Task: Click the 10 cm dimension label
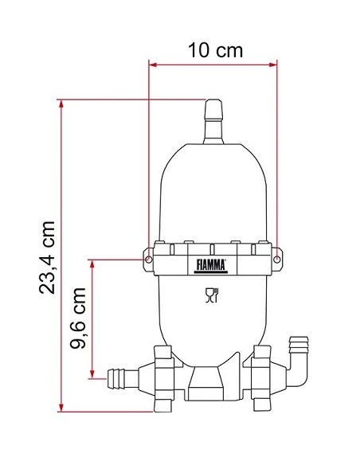pyautogui.click(x=215, y=50)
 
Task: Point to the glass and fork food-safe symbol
pyautogui.click(x=212, y=296)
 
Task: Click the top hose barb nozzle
pyautogui.click(x=213, y=120)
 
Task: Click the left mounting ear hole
pyautogui.click(x=149, y=259)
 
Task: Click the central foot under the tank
pyautogui.click(x=213, y=382)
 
